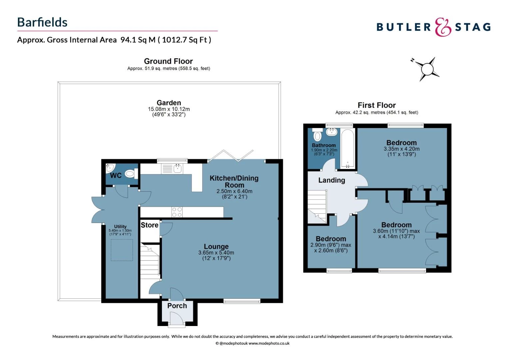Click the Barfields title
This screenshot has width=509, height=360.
pos(42,22)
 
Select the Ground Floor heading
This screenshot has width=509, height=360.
pos(168,61)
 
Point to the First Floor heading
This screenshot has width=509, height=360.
pos(376,105)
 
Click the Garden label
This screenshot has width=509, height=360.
pos(169,103)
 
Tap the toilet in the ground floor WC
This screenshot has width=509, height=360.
pos(132,174)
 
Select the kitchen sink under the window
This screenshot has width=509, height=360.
pos(177,169)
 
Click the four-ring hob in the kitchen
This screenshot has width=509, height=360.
pos(177,212)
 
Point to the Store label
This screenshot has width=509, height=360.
pos(150,225)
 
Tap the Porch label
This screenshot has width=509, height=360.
pos(177,306)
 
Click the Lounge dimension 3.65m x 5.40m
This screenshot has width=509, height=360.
pos(216,253)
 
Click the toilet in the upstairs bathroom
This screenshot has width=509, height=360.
pos(317,134)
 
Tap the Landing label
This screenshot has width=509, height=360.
pos(331,180)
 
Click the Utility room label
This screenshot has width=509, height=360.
pos(120,227)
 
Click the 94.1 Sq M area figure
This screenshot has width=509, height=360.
pos(138,40)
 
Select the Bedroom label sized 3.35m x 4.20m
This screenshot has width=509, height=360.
pos(401,143)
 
